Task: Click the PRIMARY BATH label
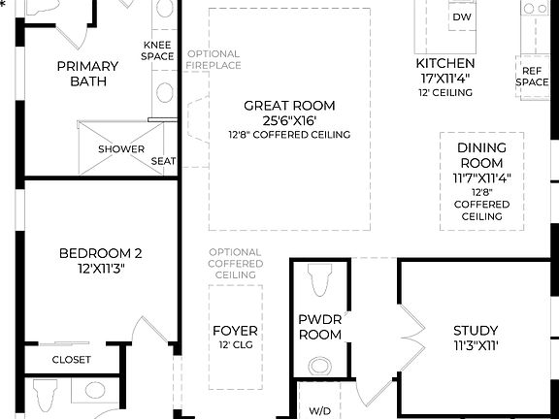point(87,74)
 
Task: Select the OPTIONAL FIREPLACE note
point(214,60)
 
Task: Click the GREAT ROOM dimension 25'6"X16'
point(289,121)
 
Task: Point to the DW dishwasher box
point(463,17)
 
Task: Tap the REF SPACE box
point(532,77)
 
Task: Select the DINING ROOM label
point(481,155)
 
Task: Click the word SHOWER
point(120,149)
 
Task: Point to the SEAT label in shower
point(163,161)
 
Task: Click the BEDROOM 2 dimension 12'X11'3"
point(100,269)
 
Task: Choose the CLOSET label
point(71,360)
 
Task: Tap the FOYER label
point(235,331)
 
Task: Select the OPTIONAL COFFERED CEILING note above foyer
point(235,264)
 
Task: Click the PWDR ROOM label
point(319,326)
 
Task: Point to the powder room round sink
point(319,366)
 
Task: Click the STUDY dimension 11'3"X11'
point(476,346)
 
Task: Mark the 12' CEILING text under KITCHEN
point(444,93)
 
